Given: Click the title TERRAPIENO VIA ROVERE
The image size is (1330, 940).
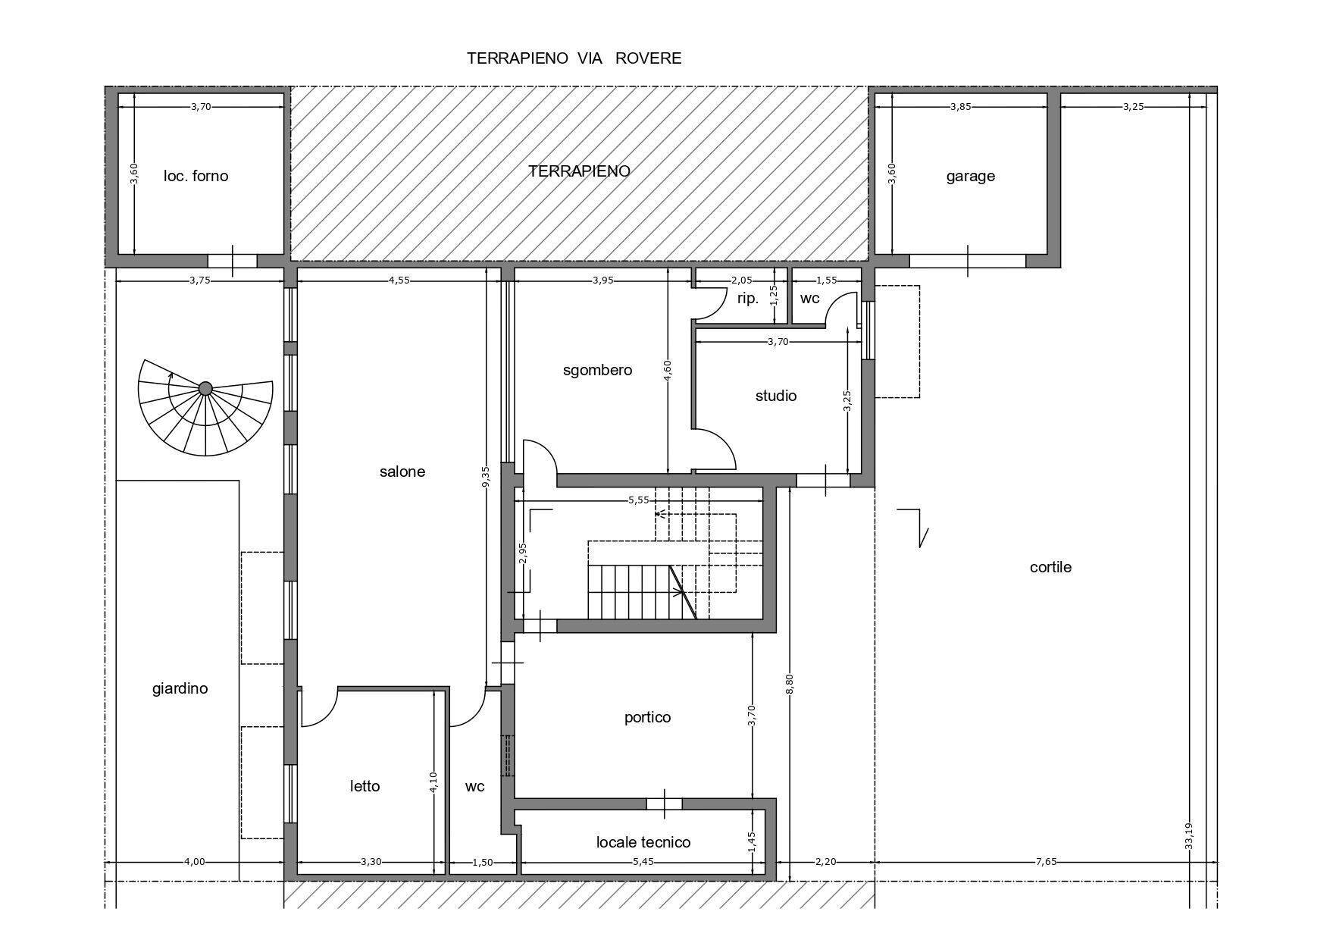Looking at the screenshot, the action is [574, 58].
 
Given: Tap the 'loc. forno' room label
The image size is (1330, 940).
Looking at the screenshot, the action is [196, 176].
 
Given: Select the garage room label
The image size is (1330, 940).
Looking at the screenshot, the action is [970, 177].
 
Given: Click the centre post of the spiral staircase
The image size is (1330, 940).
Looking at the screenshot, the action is [205, 389].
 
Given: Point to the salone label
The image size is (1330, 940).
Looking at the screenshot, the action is [402, 472].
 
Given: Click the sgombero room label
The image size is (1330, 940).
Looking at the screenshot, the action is [597, 371].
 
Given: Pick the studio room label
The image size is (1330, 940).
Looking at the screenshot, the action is [776, 396].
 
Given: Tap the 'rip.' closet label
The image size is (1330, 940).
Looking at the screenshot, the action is [748, 299].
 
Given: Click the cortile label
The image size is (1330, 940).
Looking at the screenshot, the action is [1050, 567].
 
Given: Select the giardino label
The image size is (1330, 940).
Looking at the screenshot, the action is [180, 689].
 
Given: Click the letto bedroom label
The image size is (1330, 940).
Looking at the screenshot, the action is [365, 786].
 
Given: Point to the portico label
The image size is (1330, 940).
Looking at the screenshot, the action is [647, 717].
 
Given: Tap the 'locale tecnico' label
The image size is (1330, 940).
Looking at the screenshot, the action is [643, 842].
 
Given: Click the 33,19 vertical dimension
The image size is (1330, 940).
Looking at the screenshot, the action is [1188, 837].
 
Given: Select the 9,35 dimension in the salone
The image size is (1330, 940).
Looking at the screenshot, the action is [486, 479].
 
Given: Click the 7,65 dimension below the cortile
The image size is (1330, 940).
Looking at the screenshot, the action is [1046, 861].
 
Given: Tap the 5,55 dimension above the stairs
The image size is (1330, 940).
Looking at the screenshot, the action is [639, 500].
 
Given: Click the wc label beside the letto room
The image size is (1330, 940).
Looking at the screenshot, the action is [474, 787].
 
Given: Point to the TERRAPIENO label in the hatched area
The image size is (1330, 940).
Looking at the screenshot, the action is [579, 171].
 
